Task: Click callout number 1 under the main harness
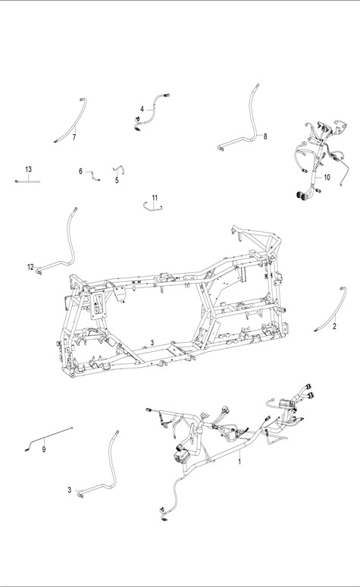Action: coord(240,462)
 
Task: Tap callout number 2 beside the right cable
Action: coord(334,326)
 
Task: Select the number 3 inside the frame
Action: coord(152,343)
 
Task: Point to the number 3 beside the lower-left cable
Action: coord(69,490)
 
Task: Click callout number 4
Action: coord(142,109)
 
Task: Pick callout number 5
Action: coord(117,180)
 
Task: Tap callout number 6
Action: coord(80,171)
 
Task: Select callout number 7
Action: coord(74,137)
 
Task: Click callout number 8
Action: coord(265,137)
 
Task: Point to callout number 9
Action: coord(44,449)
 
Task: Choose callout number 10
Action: coord(327,177)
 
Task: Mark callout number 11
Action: coord(155,198)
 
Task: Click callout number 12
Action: coord(30,267)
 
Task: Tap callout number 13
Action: coord(29,169)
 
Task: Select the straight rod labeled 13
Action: coord(27,181)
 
